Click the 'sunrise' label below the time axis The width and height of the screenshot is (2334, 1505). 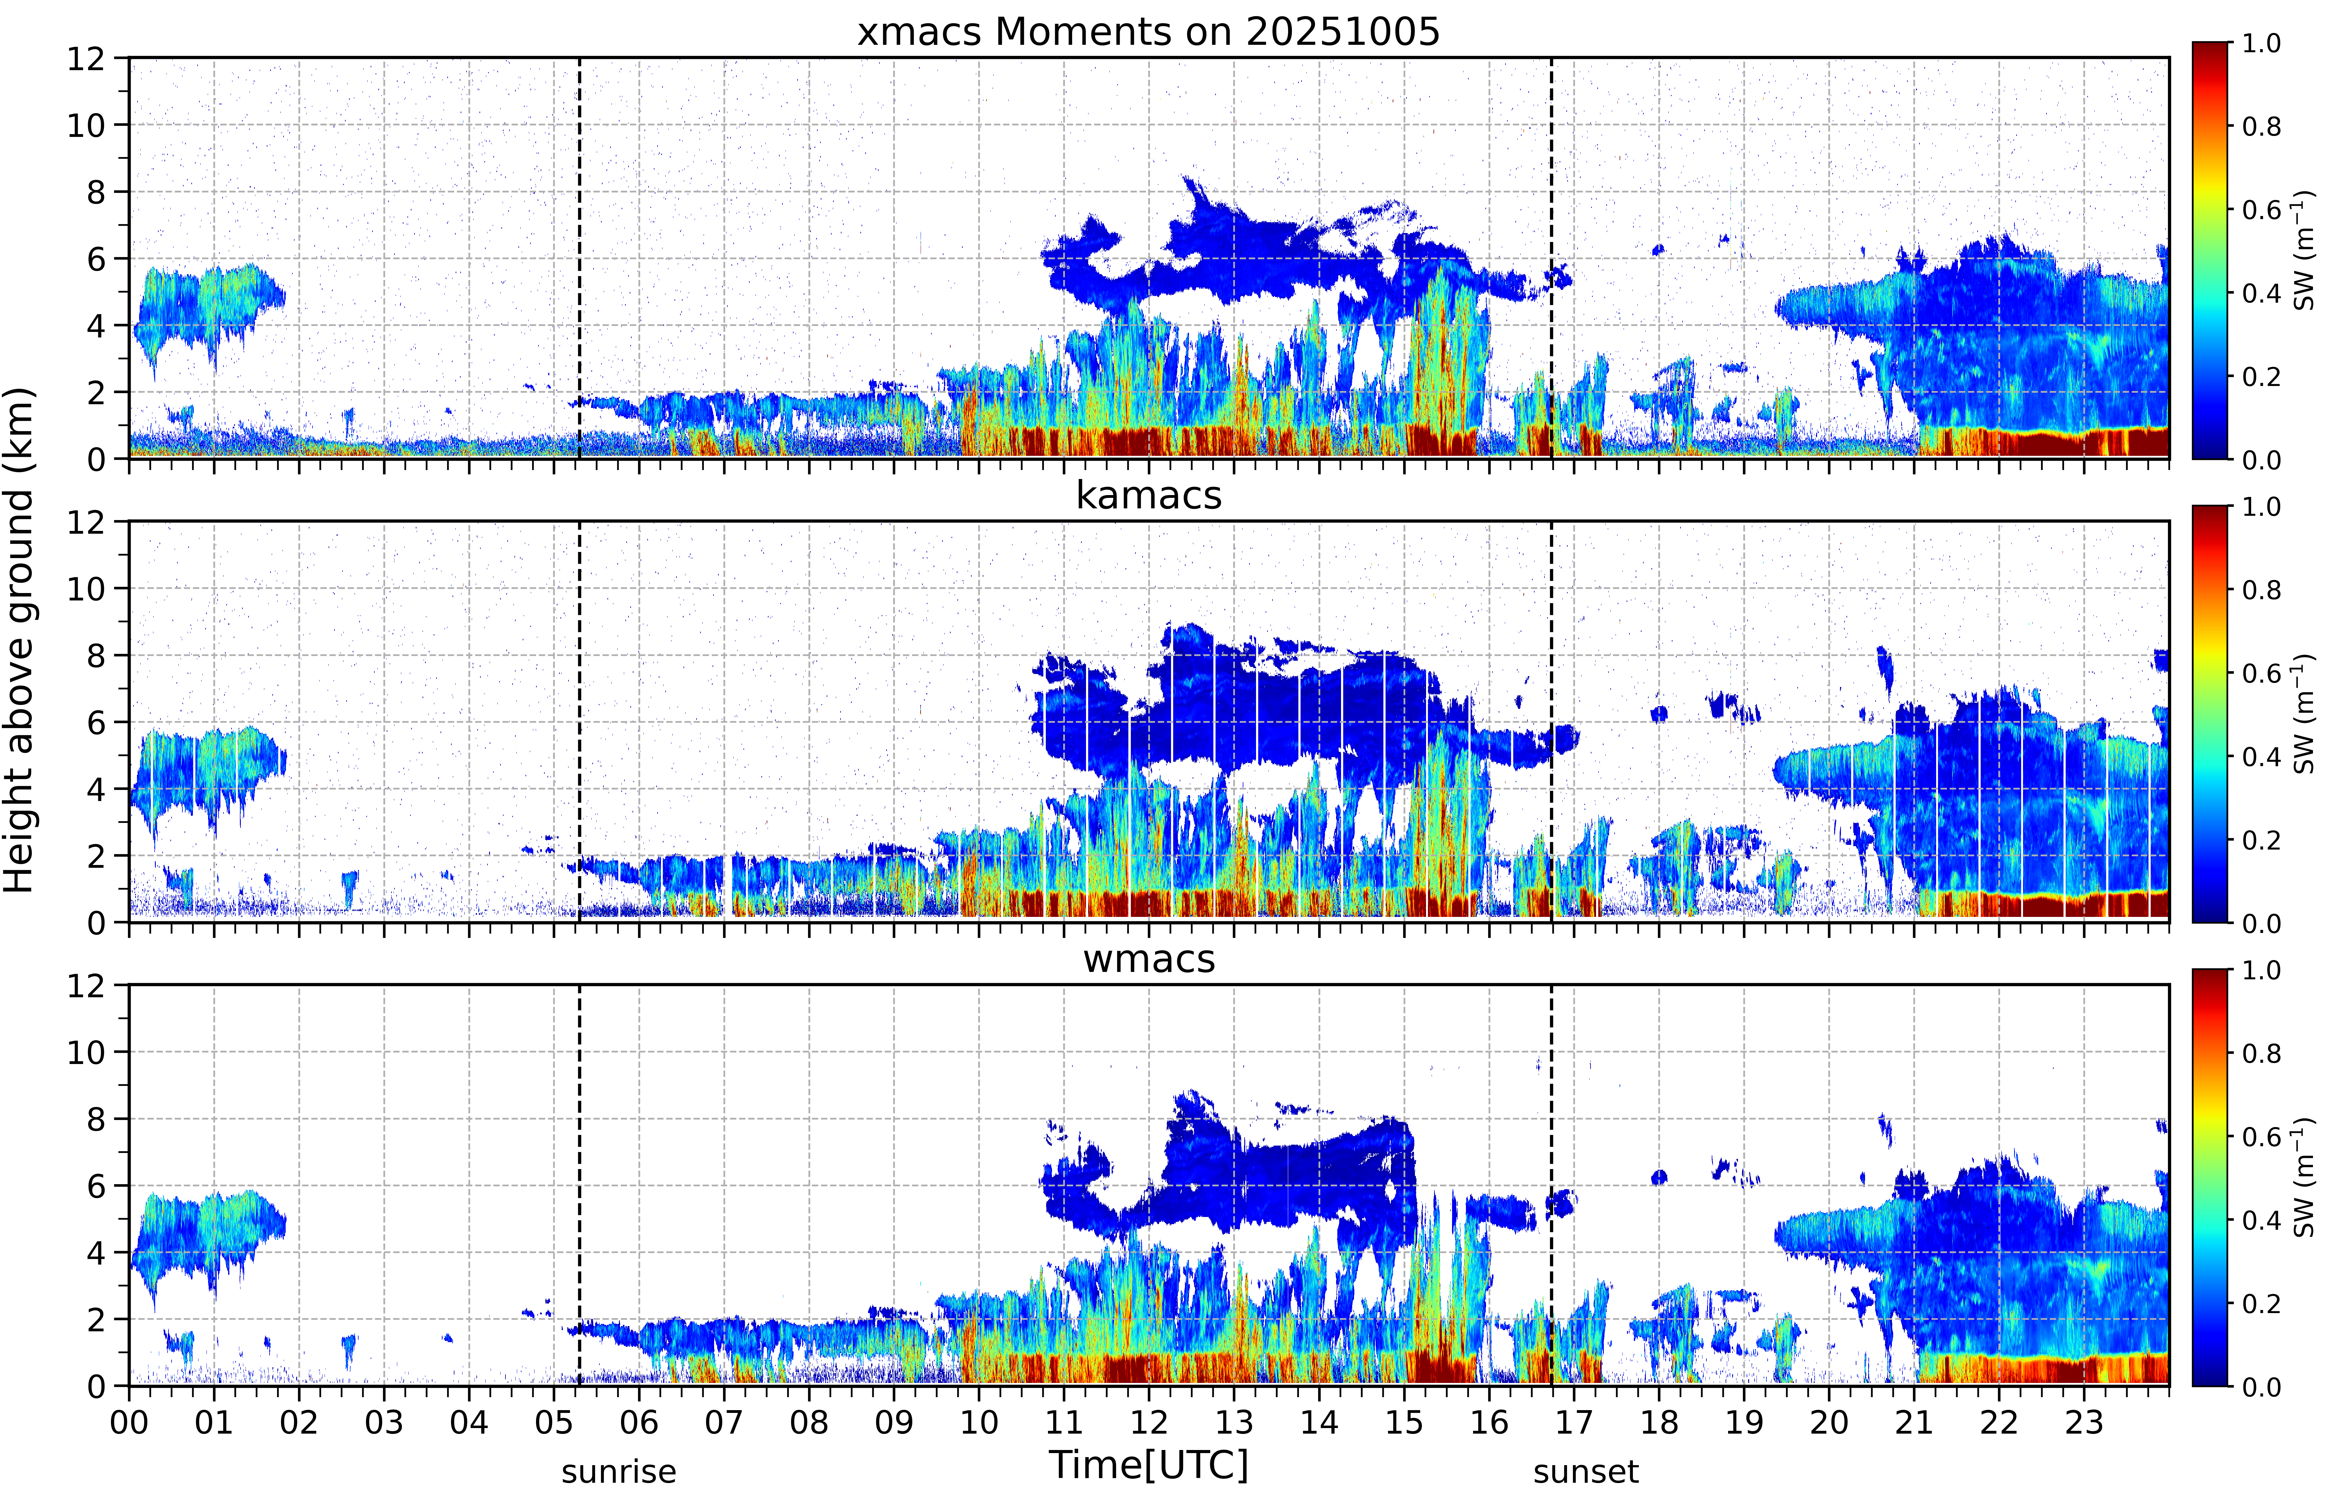point(619,1472)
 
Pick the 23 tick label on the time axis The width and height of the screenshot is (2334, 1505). point(2084,1422)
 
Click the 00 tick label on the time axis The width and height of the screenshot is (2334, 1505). point(129,1422)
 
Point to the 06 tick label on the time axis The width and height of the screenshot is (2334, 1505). point(639,1422)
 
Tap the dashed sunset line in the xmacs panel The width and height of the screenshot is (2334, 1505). point(1551,258)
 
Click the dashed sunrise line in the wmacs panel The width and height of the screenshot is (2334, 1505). point(580,1185)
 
